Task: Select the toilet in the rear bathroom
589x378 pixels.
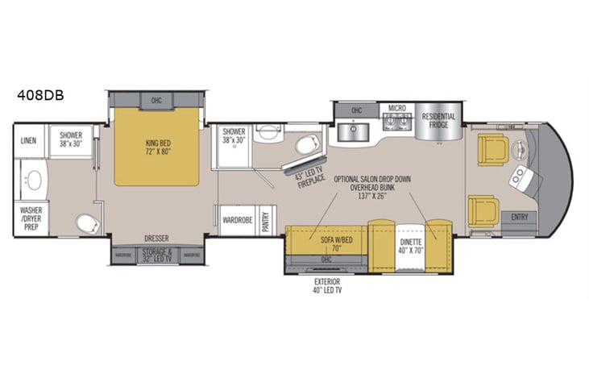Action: click(x=85, y=222)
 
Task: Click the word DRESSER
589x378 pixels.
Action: click(x=156, y=238)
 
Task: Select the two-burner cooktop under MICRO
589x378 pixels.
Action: click(x=396, y=124)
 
